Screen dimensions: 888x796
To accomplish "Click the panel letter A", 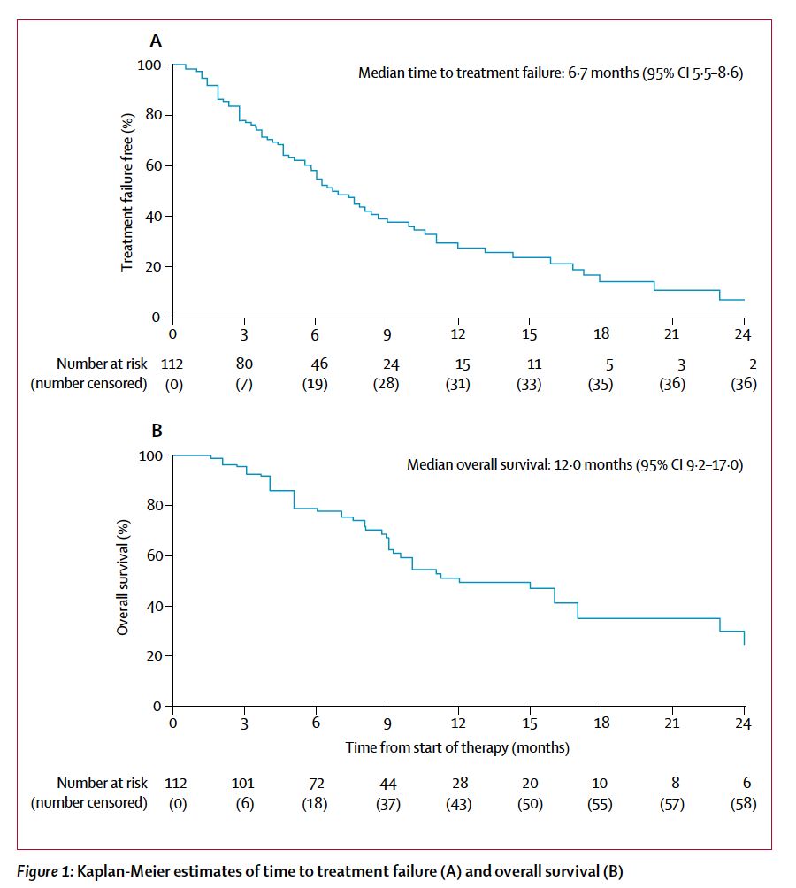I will point(156,40).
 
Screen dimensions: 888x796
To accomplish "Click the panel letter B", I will point(157,433).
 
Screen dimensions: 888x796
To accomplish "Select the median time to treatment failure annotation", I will point(550,73).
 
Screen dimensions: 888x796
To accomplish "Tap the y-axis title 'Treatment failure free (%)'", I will point(127,191).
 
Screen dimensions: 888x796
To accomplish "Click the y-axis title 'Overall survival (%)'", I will point(125,581).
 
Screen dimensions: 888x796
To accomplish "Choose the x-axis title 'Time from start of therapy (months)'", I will point(456,747).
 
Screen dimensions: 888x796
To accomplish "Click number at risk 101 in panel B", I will point(244,783).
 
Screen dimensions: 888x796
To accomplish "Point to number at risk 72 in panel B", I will point(316,783).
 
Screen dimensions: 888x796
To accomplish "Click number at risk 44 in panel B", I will point(387,783).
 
